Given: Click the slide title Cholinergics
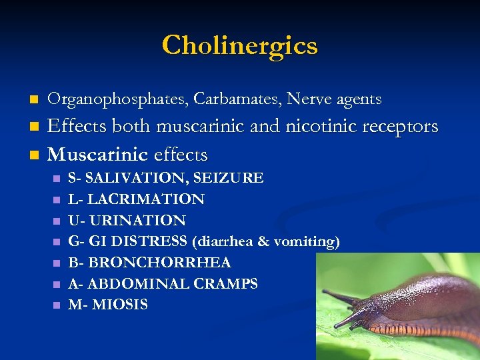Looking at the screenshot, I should (240, 45).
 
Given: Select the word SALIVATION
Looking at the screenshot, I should (136, 178).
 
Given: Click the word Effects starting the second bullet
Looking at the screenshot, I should (78, 126).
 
